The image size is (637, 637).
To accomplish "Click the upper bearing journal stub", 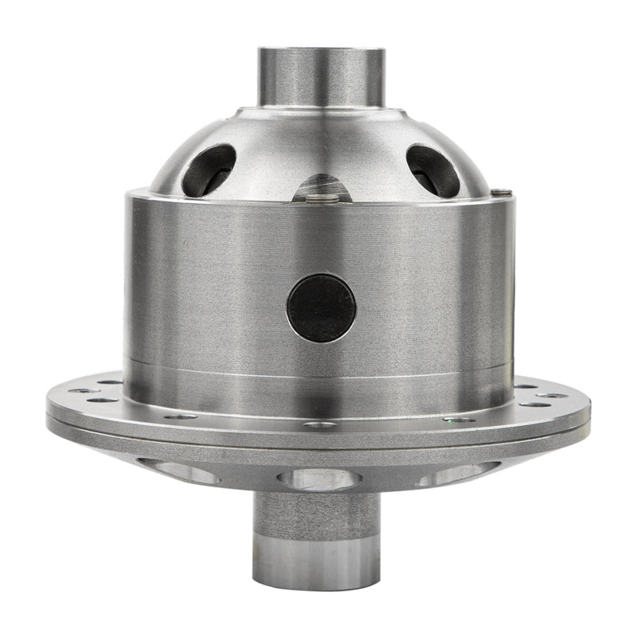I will pyautogui.click(x=321, y=76).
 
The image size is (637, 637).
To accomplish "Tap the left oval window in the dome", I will pyautogui.click(x=209, y=170).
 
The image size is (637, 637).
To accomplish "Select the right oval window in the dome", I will pyautogui.click(x=433, y=170).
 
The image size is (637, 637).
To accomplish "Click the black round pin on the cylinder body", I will pyautogui.click(x=321, y=308).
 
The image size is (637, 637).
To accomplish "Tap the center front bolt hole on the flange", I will pyautogui.click(x=320, y=425).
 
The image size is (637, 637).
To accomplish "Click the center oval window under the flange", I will pyautogui.click(x=318, y=479).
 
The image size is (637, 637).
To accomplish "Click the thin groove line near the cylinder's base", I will pyautogui.click(x=318, y=371).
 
